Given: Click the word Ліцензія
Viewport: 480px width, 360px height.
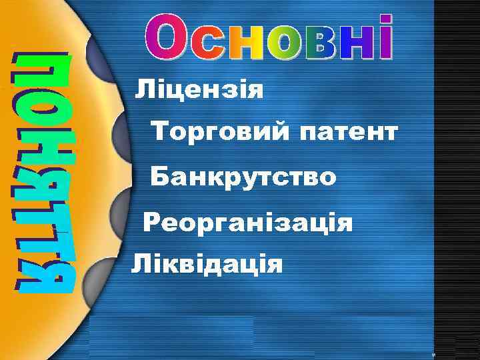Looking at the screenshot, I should click(x=199, y=89).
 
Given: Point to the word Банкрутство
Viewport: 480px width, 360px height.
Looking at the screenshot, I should click(x=243, y=177).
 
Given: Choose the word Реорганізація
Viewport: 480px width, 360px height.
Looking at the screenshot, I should click(x=247, y=222).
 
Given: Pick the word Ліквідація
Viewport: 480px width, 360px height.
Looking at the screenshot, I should click(x=207, y=264).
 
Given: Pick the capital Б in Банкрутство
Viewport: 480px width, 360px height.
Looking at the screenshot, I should click(x=159, y=177).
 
